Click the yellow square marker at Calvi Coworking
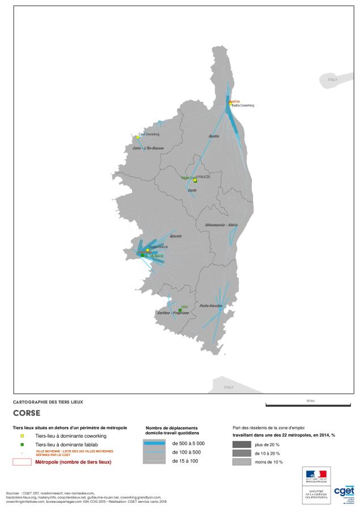tap(138, 137)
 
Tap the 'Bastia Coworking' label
tap(243, 106)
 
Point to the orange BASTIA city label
tap(234, 101)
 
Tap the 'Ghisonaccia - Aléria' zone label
tap(221, 225)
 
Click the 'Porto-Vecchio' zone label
tap(210, 305)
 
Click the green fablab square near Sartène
tap(180, 310)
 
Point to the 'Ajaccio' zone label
tap(175, 235)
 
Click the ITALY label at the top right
tap(333, 80)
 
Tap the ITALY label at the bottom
tap(229, 387)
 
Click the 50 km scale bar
tap(310, 405)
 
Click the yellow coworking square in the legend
tap(22, 436)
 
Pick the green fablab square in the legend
tap(22, 445)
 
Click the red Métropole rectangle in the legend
tap(22, 462)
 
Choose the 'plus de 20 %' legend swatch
tap(242, 445)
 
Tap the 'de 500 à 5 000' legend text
tap(188, 443)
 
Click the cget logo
tap(345, 491)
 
